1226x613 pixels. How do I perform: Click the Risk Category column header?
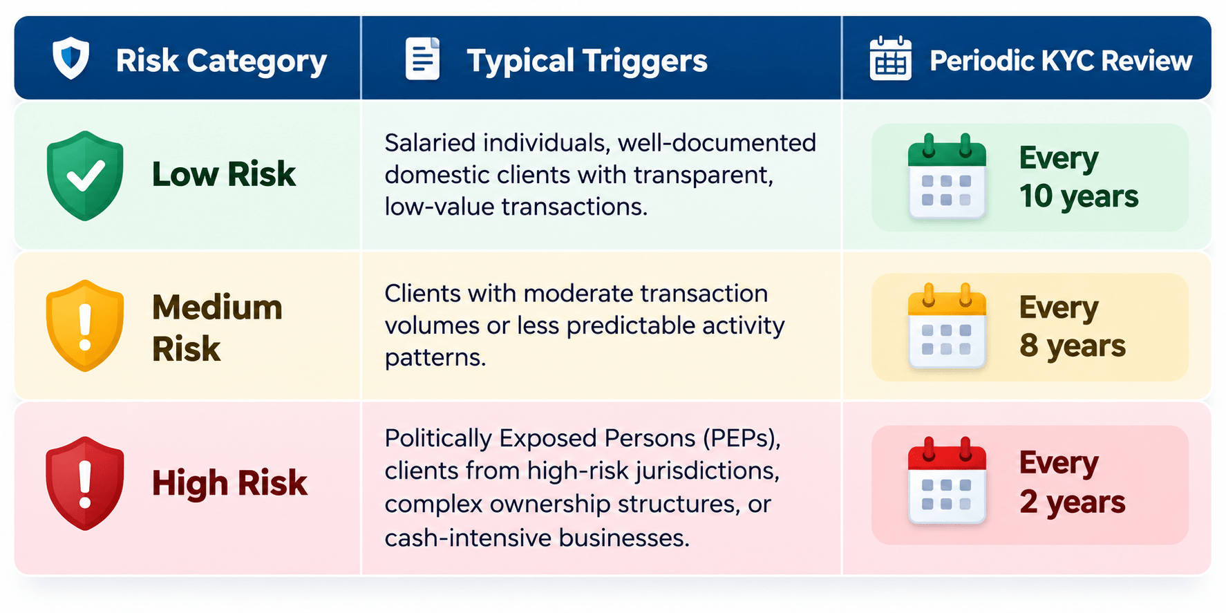(221, 61)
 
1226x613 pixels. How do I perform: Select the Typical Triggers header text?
(587, 61)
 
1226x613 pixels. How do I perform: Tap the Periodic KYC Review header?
(1061, 61)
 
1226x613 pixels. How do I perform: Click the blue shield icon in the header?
(71, 59)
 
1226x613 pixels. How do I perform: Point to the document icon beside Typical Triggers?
(422, 59)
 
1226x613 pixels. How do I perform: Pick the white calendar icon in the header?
(890, 59)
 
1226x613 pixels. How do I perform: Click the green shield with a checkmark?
(85, 176)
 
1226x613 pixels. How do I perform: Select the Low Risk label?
(224, 173)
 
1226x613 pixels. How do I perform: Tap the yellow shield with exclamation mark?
(85, 326)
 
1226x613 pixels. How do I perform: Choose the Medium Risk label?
(217, 328)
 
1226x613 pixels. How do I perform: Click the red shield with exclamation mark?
(85, 483)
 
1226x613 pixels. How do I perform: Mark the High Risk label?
(229, 482)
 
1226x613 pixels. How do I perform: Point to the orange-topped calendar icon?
(947, 326)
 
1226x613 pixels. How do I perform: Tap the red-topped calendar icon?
(947, 481)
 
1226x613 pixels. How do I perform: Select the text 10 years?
(1079, 196)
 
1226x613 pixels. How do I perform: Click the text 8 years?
(1073, 346)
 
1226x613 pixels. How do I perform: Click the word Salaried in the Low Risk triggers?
(429, 143)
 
